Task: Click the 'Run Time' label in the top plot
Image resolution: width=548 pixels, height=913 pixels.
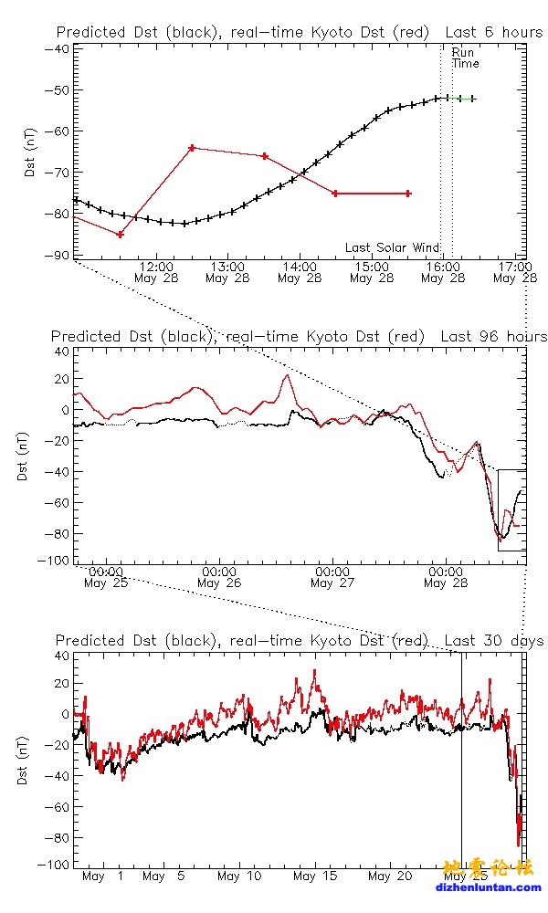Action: click(x=465, y=58)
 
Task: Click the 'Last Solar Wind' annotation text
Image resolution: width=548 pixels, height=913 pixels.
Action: click(x=393, y=247)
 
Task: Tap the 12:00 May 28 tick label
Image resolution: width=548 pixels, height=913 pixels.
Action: click(x=156, y=272)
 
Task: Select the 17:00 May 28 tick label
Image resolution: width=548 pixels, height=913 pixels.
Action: click(x=514, y=272)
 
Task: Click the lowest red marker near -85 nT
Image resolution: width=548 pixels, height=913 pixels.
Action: click(x=121, y=235)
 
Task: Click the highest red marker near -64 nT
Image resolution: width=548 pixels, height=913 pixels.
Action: click(x=192, y=148)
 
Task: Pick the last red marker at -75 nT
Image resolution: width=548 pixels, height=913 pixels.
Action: click(x=407, y=194)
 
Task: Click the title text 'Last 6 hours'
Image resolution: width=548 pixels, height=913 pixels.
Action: click(x=493, y=32)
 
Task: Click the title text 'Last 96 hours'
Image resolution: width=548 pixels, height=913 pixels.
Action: click(x=493, y=337)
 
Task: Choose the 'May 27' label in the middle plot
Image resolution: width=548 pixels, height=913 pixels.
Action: click(x=332, y=582)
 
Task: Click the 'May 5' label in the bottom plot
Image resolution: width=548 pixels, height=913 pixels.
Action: click(x=167, y=876)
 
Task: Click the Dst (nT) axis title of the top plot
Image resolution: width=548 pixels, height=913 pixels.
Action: click(x=30, y=153)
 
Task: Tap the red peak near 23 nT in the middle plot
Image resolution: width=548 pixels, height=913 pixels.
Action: click(x=287, y=375)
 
